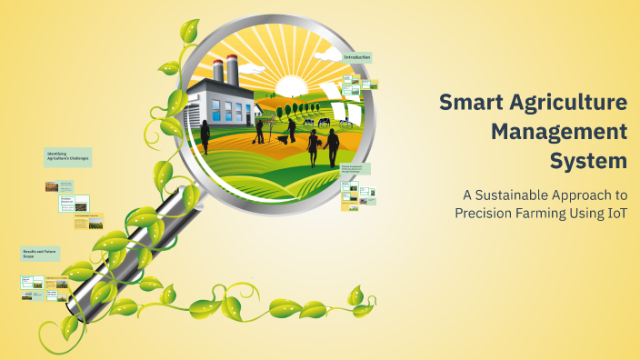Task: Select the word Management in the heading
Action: [x=559, y=132]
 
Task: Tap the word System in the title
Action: [x=588, y=162]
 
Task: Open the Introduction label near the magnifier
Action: [x=357, y=57]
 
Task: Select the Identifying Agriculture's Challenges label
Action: [x=67, y=156]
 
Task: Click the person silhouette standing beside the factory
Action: [x=205, y=135]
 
